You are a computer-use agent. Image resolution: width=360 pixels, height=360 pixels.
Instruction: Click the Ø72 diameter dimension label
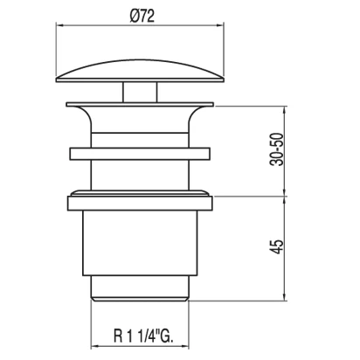[142, 16]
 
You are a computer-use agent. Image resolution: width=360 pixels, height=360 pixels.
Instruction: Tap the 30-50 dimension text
[276, 149]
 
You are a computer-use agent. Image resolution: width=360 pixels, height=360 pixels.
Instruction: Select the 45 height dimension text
[277, 247]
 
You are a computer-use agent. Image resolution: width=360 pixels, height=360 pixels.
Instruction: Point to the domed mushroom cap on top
[140, 72]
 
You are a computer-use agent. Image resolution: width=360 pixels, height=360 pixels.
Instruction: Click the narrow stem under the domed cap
[140, 92]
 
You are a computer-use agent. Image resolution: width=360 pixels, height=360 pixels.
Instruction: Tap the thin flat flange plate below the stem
[140, 104]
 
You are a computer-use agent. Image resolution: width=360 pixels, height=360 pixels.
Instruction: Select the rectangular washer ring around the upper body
[140, 154]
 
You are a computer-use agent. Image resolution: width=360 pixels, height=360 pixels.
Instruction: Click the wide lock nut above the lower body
[140, 203]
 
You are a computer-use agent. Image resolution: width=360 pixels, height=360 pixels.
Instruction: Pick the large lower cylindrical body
[140, 243]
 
